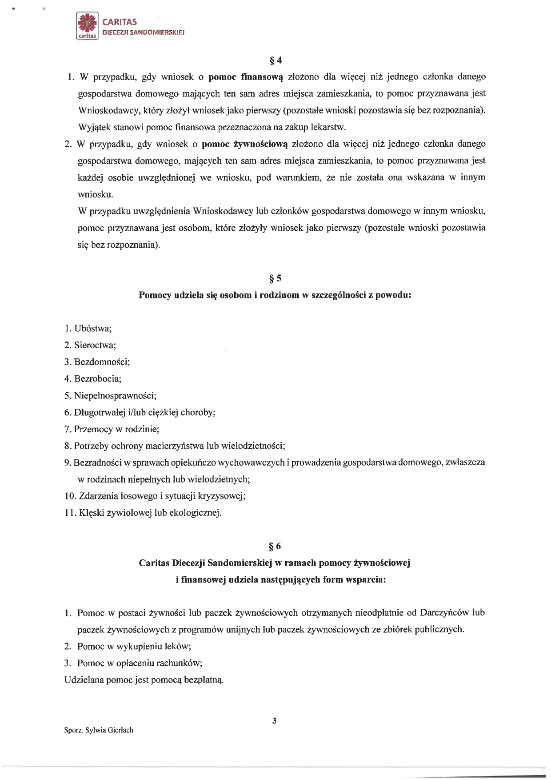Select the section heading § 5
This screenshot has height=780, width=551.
(x=276, y=278)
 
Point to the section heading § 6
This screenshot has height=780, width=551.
(x=276, y=546)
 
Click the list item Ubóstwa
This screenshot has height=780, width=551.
(x=92, y=329)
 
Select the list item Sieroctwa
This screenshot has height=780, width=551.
(x=95, y=345)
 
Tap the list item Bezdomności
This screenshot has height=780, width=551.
(x=102, y=362)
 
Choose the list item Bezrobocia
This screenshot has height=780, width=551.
(x=97, y=379)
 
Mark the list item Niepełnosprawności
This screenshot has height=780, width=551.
(x=115, y=395)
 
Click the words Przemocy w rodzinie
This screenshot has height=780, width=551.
(x=116, y=429)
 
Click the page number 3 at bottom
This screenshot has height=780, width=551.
(x=274, y=721)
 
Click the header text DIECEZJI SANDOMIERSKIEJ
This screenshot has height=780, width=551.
(x=144, y=32)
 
